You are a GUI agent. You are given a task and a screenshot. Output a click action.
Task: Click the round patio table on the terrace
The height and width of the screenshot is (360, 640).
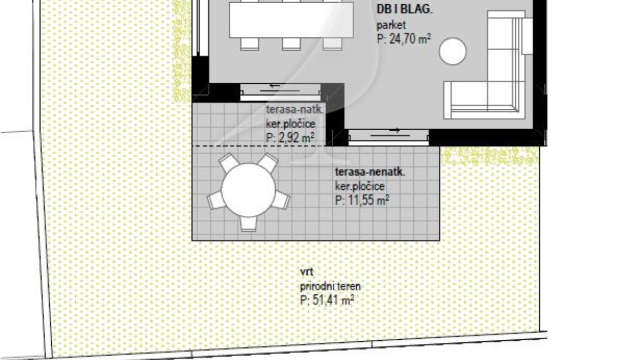[x=249, y=190]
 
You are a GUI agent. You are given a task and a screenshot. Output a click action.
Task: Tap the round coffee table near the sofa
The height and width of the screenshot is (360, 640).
[x=453, y=51]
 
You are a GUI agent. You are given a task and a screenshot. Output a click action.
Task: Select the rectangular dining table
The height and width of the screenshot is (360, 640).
[x=291, y=20]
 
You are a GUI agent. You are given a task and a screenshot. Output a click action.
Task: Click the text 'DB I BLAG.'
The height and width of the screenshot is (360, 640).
[x=405, y=10]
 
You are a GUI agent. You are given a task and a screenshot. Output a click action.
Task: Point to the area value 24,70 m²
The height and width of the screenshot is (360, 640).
[x=404, y=39]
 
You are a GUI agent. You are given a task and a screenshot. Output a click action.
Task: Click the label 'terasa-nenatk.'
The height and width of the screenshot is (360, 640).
[x=370, y=172]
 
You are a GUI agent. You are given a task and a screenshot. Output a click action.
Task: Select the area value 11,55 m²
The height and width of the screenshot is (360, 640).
[x=362, y=200]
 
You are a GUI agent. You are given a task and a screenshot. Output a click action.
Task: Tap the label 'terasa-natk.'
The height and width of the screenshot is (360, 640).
[x=295, y=109]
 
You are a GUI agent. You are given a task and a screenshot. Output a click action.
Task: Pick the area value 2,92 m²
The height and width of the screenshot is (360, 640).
[x=290, y=138]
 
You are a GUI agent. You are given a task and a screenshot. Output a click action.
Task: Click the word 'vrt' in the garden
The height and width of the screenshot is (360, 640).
[x=307, y=271]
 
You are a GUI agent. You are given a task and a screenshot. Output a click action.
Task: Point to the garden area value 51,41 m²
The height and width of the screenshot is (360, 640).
[x=327, y=300]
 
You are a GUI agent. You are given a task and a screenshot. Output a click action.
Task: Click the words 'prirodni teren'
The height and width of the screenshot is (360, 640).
[x=330, y=286]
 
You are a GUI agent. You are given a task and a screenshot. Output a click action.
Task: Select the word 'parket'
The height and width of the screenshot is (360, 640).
[x=391, y=25]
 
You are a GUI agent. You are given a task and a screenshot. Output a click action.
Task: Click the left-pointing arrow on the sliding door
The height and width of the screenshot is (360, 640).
[x=275, y=85]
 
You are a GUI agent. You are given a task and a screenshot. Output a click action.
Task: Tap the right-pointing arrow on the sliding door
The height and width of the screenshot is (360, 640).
[x=395, y=130]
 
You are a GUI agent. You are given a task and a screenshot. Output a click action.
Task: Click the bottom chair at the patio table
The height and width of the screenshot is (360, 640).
[x=249, y=223]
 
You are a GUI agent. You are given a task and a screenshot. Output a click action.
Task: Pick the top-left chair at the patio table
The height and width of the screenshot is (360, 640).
[x=229, y=163]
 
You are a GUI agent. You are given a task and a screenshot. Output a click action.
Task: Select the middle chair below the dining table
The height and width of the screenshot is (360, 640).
[x=291, y=44]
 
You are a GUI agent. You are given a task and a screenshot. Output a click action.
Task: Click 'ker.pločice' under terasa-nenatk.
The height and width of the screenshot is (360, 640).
[x=360, y=187]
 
